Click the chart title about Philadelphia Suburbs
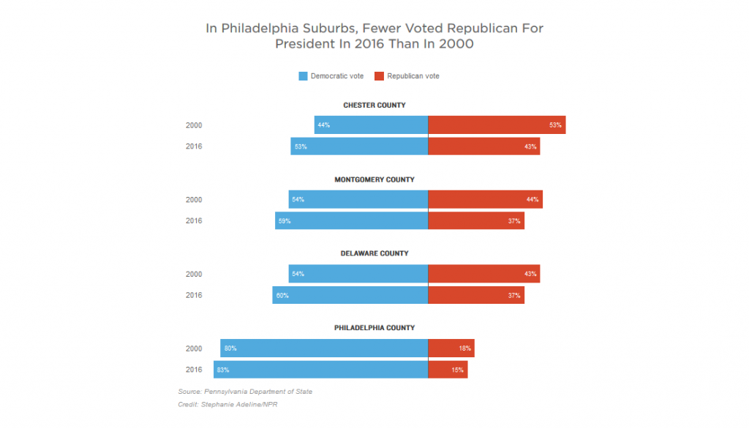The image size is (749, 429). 374,36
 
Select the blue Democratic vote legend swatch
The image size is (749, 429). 303,76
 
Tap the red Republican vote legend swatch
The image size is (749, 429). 379,76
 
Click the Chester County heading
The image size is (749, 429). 374,105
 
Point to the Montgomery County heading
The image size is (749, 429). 374,179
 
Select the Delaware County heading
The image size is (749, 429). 374,253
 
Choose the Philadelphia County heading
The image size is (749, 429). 374,328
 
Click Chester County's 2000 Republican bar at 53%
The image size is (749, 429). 496,125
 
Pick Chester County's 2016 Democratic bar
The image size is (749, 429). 359,146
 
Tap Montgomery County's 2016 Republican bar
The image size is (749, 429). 475,221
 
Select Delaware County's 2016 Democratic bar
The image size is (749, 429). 350,295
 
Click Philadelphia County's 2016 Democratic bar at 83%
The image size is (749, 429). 320,370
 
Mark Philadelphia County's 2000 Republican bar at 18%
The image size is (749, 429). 451,348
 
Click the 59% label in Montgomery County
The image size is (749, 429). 284,221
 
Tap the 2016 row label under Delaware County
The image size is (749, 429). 194,295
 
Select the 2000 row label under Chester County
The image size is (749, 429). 194,125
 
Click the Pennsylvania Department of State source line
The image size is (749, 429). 245,392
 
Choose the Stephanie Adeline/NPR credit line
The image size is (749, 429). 227,405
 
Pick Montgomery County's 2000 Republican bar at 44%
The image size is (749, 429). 485,200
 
